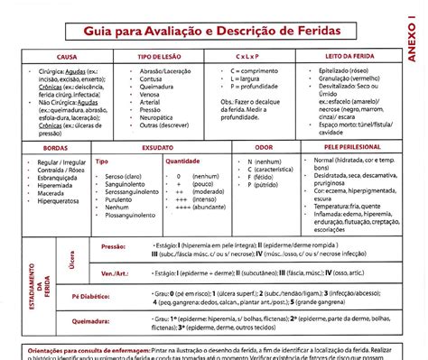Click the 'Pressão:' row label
click(114, 245)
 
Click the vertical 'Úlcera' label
click(73, 259)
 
